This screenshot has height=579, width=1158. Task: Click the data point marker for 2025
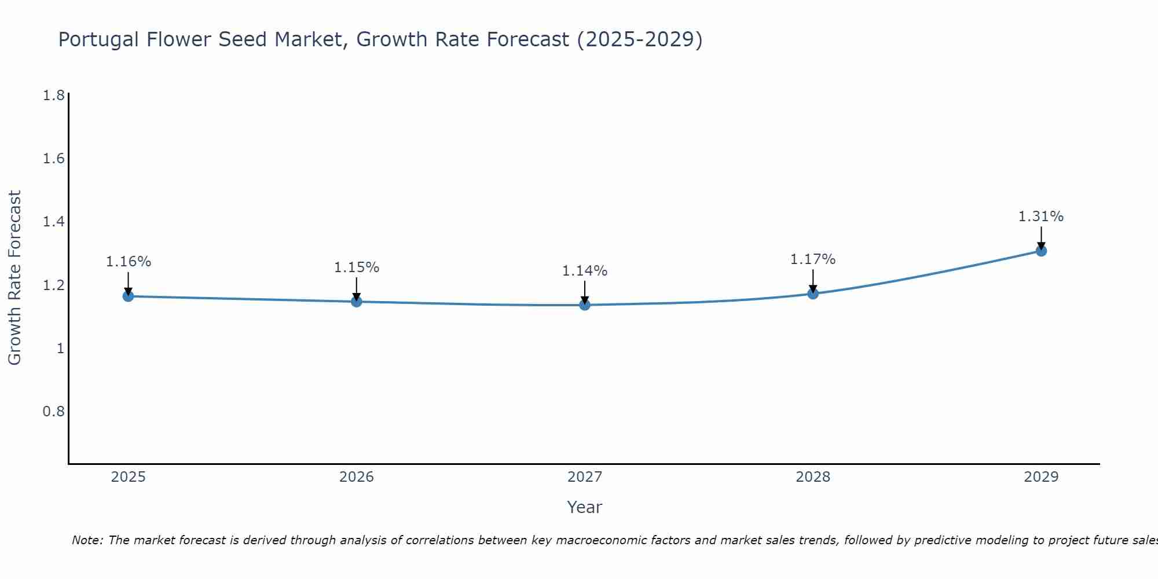pos(128,296)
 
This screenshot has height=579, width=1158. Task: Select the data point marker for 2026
pos(357,302)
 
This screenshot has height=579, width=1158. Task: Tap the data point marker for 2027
pos(585,305)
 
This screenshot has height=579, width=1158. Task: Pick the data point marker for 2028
pos(813,294)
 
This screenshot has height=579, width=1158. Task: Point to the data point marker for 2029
pos(1041,251)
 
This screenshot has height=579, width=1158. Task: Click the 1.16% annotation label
pos(128,262)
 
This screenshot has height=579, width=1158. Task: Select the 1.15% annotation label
pos(357,267)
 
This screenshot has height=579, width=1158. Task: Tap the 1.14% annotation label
pos(585,271)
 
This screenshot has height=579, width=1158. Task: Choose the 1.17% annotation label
pos(813,259)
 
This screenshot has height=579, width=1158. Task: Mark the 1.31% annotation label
pos(1041,217)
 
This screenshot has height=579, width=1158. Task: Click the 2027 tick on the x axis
pos(585,477)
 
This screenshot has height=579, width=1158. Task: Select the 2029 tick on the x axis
pos(1041,477)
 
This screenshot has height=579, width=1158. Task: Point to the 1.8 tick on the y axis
pos(54,96)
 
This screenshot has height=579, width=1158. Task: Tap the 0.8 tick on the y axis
pos(54,412)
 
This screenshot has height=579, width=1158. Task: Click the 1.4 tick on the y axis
pos(54,222)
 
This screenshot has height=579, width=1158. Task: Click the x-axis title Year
pos(585,507)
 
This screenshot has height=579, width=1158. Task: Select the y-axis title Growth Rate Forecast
pos(14,278)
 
